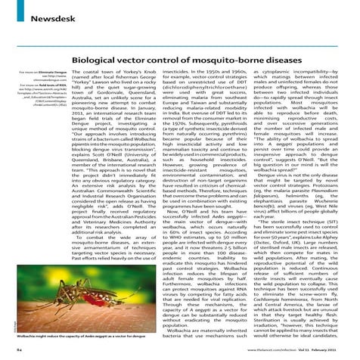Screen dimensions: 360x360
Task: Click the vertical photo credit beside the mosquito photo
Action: click(16, 318)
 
